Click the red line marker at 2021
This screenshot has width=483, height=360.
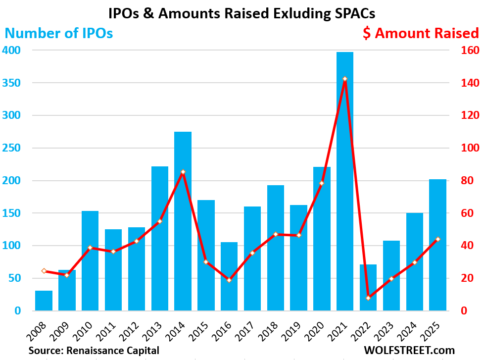[x=345, y=79]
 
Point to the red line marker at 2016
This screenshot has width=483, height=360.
[x=229, y=280]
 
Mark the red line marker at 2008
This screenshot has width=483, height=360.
[x=44, y=271]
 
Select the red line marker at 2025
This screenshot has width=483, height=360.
[x=437, y=239]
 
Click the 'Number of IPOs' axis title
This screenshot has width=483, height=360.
[x=59, y=34]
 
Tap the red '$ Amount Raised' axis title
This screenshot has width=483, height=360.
[x=421, y=34]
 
